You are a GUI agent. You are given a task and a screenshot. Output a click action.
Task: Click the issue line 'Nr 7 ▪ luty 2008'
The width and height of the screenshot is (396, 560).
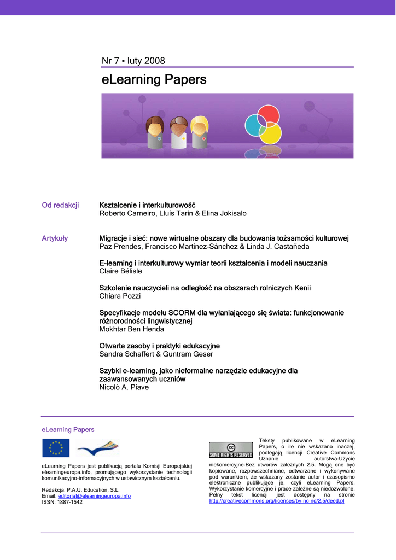133,61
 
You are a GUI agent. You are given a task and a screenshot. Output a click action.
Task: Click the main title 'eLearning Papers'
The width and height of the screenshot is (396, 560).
154,80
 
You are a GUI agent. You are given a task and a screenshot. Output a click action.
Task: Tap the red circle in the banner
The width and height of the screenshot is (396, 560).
269,115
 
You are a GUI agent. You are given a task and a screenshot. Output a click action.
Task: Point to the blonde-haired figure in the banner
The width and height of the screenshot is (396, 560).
200,131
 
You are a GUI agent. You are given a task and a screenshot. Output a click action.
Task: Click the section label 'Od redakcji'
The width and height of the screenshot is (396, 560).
60,205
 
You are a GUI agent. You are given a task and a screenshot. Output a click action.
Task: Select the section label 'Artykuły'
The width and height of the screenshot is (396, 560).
55,238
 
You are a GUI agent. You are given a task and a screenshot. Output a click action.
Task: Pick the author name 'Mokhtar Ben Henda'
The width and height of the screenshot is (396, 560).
131,329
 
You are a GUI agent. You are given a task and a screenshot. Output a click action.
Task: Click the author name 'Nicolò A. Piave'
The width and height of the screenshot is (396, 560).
124,387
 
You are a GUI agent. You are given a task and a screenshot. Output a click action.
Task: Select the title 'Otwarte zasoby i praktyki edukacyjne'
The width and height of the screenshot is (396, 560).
159,346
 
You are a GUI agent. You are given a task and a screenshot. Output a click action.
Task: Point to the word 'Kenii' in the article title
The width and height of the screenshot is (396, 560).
302,288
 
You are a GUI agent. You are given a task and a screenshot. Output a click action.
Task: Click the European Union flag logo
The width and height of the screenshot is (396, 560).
56,448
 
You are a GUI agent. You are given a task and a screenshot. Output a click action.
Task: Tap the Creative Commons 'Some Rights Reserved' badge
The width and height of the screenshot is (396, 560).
231,450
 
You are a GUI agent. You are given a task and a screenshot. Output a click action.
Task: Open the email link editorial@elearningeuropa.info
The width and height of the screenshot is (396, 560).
94,496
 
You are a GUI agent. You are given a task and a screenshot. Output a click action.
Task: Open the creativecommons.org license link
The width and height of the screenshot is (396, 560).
277,501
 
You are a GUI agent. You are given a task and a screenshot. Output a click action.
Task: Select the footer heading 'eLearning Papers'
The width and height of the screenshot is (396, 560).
68,430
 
